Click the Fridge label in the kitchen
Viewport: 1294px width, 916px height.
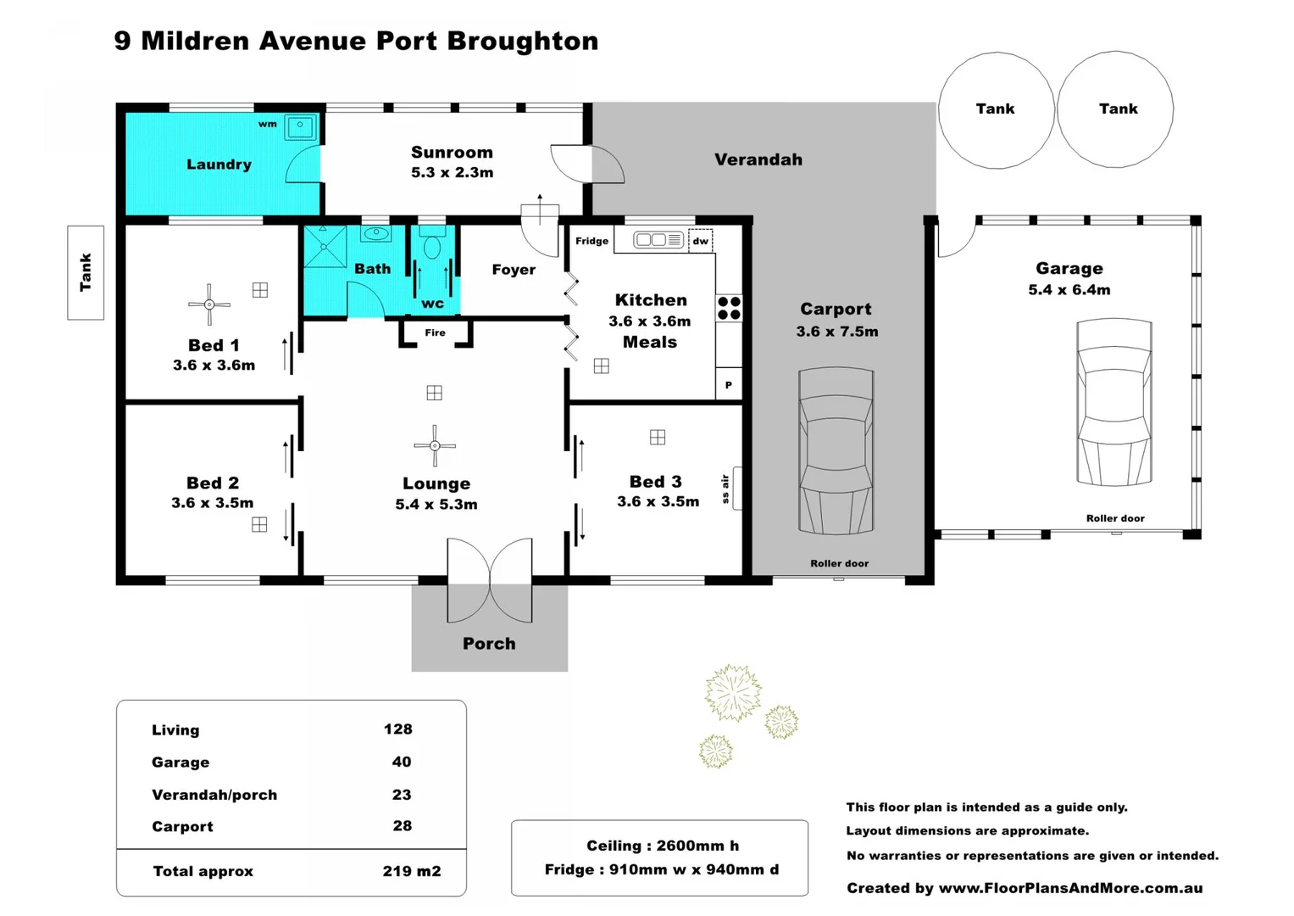591,241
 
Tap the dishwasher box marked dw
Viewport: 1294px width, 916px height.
700,241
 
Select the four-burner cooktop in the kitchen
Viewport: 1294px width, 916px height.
729,308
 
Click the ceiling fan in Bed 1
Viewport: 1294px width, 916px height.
209,304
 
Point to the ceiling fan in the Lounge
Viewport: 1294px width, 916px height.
435,445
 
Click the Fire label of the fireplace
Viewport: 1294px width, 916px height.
435,332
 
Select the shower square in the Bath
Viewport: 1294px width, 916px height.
325,246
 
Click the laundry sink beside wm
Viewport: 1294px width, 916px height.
300,127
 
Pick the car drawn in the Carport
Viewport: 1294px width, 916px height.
836,450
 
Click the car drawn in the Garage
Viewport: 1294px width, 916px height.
1114,403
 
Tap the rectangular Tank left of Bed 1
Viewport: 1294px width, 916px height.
86,272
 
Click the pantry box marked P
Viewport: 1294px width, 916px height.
728,385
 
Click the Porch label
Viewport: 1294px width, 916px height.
489,644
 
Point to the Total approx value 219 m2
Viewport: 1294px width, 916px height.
411,871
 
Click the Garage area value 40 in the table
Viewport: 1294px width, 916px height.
401,762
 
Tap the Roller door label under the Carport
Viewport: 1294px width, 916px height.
839,563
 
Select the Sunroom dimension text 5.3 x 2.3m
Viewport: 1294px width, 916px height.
452,172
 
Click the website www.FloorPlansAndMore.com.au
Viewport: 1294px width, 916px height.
1070,888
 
